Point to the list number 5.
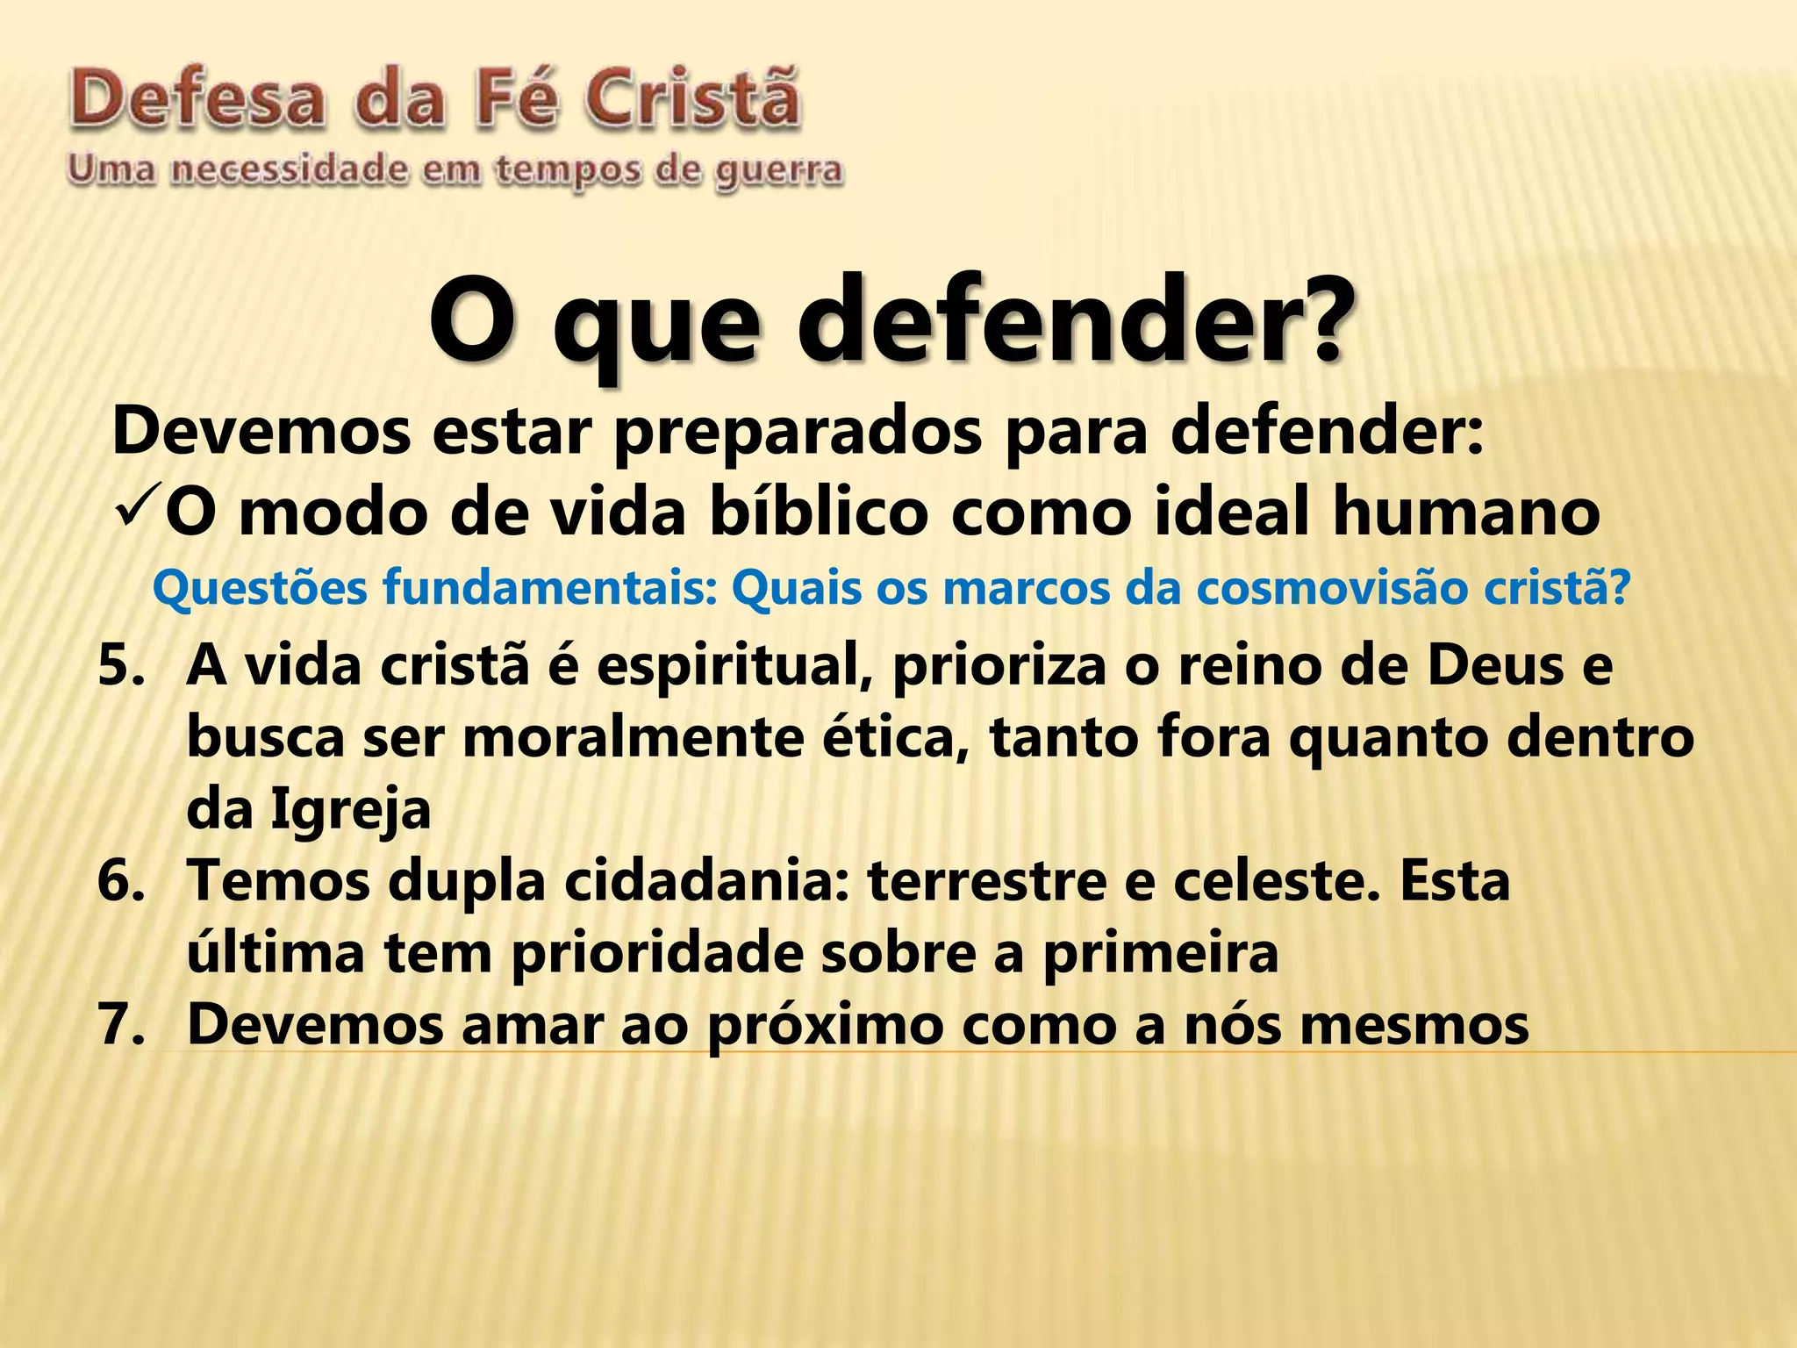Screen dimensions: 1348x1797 point(121,665)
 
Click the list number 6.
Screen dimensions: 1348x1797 point(121,881)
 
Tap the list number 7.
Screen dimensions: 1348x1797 point(121,1024)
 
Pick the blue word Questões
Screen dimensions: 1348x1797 point(260,589)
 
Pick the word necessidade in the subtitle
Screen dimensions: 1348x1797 point(290,169)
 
